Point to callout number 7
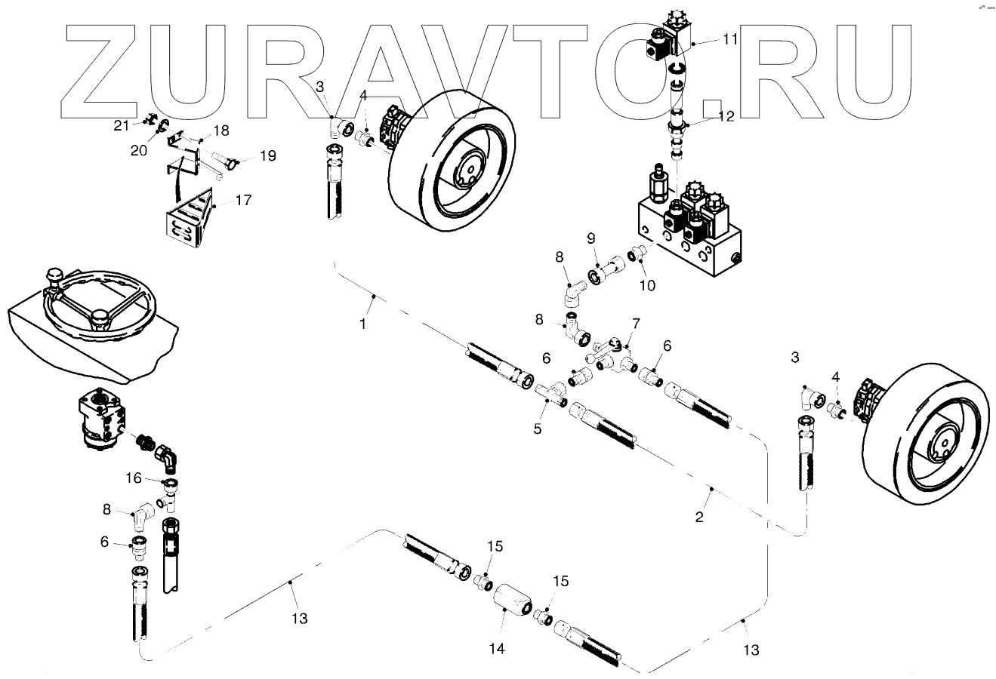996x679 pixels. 636,324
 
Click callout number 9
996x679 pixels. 591,240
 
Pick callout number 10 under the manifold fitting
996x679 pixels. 647,285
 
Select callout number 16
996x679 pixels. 133,478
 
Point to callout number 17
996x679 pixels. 244,200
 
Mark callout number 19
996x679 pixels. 268,156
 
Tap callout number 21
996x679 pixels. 122,125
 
